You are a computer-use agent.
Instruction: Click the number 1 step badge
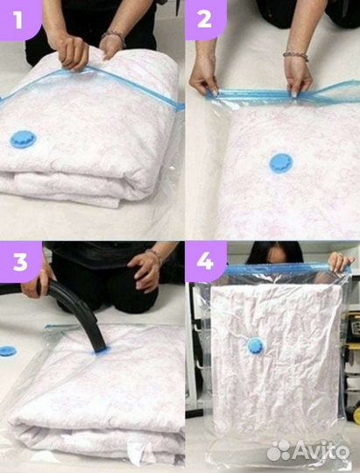[18, 18]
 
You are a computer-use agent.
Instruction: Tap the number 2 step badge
[205, 18]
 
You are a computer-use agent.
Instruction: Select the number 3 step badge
[20, 262]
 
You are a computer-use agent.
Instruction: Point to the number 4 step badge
[206, 261]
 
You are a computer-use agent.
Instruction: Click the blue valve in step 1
[24, 139]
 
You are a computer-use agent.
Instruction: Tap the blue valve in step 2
[281, 164]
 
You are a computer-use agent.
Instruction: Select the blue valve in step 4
[256, 346]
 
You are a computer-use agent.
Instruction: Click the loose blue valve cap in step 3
[8, 351]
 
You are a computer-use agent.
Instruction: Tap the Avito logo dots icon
[279, 451]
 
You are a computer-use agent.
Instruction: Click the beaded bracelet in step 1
[114, 36]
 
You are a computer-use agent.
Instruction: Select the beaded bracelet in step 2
[295, 56]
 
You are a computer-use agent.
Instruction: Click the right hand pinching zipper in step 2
[298, 75]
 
